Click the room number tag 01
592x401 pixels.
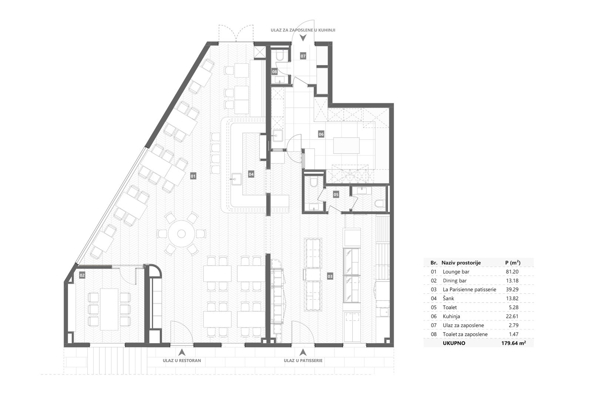click(193, 176)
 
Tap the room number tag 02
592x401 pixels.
click(82, 275)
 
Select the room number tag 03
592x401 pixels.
click(330, 276)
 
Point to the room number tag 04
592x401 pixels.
click(251, 174)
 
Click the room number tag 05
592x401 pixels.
click(336, 195)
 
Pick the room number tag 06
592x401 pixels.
click(321, 134)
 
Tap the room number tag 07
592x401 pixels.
click(303, 56)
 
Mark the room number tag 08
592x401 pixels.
click(275, 72)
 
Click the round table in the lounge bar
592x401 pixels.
click(181, 233)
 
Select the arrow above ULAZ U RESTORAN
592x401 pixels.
click(182, 353)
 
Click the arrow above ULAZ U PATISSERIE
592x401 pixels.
click(303, 353)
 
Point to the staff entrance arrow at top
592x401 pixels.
click(303, 38)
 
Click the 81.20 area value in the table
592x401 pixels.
click(512, 272)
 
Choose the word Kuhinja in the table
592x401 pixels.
click(451, 316)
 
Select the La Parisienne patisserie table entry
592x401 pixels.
click(470, 289)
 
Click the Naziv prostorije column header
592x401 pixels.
click(461, 263)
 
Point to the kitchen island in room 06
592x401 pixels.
click(346, 145)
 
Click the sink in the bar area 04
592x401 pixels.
click(237, 180)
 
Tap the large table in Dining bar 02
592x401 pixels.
click(109, 309)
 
